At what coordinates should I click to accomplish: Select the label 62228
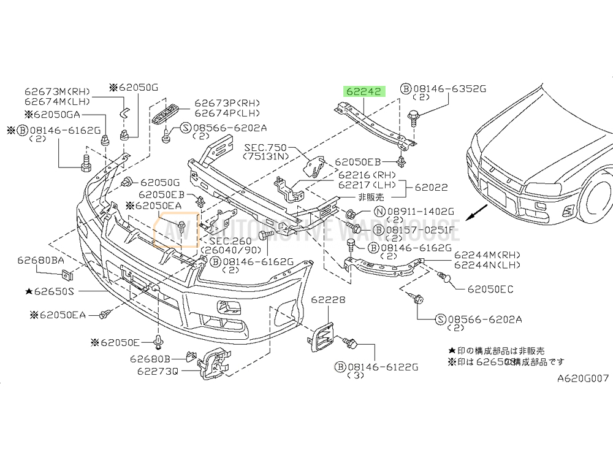coord(328,300)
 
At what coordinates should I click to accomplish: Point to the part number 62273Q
coord(158,370)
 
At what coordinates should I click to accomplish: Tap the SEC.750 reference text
coord(265,148)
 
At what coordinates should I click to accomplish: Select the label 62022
coord(431,187)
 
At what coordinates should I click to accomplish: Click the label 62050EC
coord(490,289)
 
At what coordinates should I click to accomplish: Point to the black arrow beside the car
coord(476,213)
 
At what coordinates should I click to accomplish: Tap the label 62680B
coord(150,358)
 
